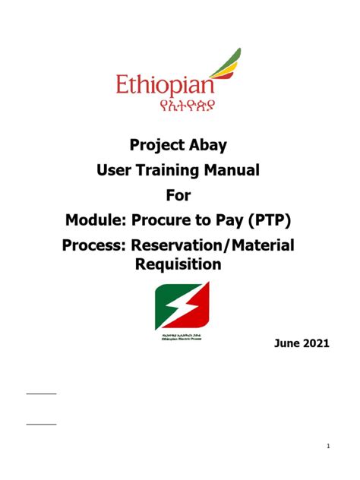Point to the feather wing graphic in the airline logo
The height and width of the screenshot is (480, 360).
coord(224,64)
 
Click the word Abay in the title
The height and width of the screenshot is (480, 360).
coord(218,144)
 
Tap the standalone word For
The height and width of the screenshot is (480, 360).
coord(180,197)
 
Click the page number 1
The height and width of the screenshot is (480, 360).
coord(327,445)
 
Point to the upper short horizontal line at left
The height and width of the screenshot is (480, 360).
coord(41,393)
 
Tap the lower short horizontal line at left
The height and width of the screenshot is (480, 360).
coord(41,424)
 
